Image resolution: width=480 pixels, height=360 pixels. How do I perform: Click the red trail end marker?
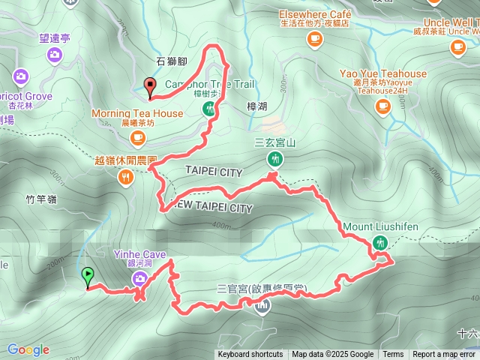pyautogui.click(x=150, y=85)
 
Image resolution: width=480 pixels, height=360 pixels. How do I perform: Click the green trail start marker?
pyautogui.click(x=88, y=275)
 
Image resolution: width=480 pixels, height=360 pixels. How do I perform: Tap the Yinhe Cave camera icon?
pyautogui.click(x=139, y=279)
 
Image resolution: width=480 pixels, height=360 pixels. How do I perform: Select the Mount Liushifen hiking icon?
pyautogui.click(x=380, y=242)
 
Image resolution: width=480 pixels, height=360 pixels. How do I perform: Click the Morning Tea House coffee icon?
pyautogui.click(x=137, y=136)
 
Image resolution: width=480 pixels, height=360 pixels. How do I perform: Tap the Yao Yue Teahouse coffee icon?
pyautogui.click(x=383, y=106)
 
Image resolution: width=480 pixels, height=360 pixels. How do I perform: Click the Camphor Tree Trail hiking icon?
pyautogui.click(x=209, y=109)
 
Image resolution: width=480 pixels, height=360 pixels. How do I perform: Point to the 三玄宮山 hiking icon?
pyautogui.click(x=275, y=158)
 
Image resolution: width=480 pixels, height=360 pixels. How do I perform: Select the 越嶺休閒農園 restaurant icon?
pyautogui.click(x=124, y=177)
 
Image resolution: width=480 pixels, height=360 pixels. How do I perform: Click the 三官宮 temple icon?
pyautogui.click(x=262, y=306)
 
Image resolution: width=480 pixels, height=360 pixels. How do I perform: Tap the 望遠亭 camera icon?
pyautogui.click(x=54, y=54)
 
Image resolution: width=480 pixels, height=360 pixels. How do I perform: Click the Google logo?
pyautogui.click(x=28, y=349)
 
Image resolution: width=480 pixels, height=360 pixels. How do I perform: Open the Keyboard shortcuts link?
pyautogui.click(x=250, y=355)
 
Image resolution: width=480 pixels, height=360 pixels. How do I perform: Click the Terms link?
pyautogui.click(x=393, y=355)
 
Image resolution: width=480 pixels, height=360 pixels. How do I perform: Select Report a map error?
pyautogui.click(x=444, y=355)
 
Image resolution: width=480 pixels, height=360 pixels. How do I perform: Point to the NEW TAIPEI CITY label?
pyautogui.click(x=213, y=207)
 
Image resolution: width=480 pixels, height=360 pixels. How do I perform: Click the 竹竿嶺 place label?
pyautogui.click(x=41, y=199)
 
